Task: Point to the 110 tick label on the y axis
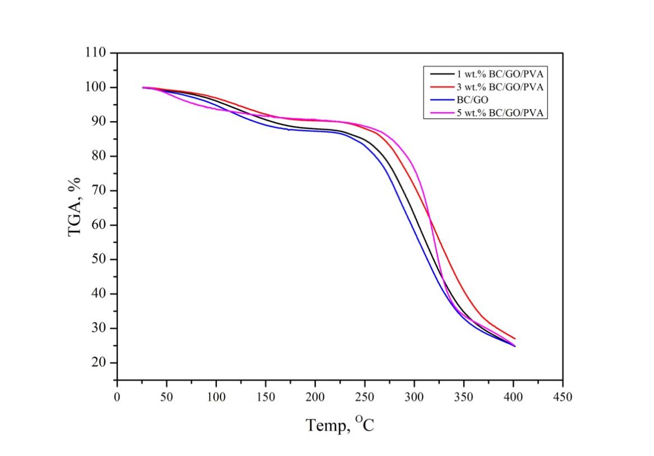coord(95,53)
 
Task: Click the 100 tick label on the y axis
coord(95,87)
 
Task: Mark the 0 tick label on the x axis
coord(117,398)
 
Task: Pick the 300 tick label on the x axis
coord(414,398)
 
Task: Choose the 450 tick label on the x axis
coord(563,398)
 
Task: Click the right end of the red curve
coord(514,338)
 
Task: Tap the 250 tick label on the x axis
coord(365,398)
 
